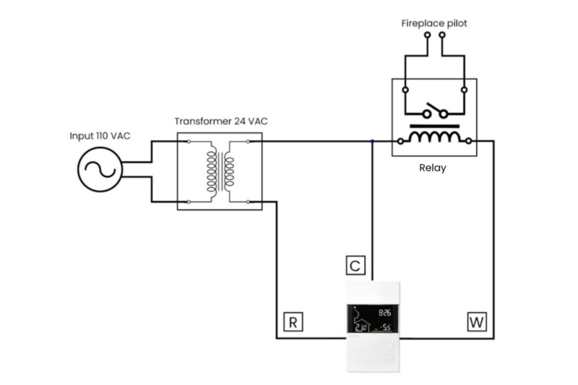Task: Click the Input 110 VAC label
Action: coord(100,136)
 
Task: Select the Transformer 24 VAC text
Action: coord(220,121)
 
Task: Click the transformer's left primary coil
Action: coord(210,171)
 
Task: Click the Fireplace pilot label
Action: coord(434,24)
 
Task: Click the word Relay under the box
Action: coord(433,168)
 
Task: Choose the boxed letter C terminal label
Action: coord(355,265)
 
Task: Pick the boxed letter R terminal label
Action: coord(291,321)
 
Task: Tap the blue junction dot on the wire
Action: coord(371,142)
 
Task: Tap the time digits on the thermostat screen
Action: coord(385,313)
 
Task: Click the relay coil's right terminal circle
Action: coord(470,140)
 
